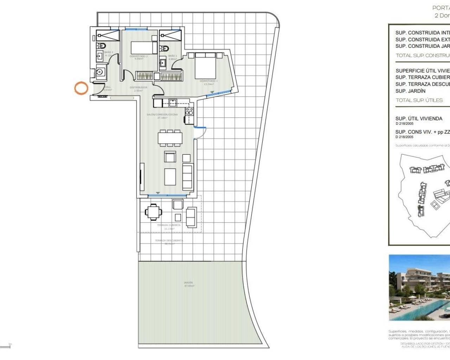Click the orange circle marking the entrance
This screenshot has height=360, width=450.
point(81,88)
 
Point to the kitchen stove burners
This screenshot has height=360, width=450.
point(189,111)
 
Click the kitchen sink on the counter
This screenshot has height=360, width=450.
point(173,103)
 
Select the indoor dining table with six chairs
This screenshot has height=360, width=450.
point(170,137)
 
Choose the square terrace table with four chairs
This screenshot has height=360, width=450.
point(154,212)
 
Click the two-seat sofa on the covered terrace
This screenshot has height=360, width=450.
point(191,217)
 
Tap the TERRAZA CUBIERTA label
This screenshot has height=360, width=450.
point(169,225)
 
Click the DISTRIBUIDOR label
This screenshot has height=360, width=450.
point(138,87)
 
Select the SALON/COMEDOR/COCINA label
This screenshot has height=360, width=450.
point(162,115)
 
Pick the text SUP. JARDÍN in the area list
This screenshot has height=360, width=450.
point(410,91)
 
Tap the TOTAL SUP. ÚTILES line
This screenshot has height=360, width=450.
point(419,100)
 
